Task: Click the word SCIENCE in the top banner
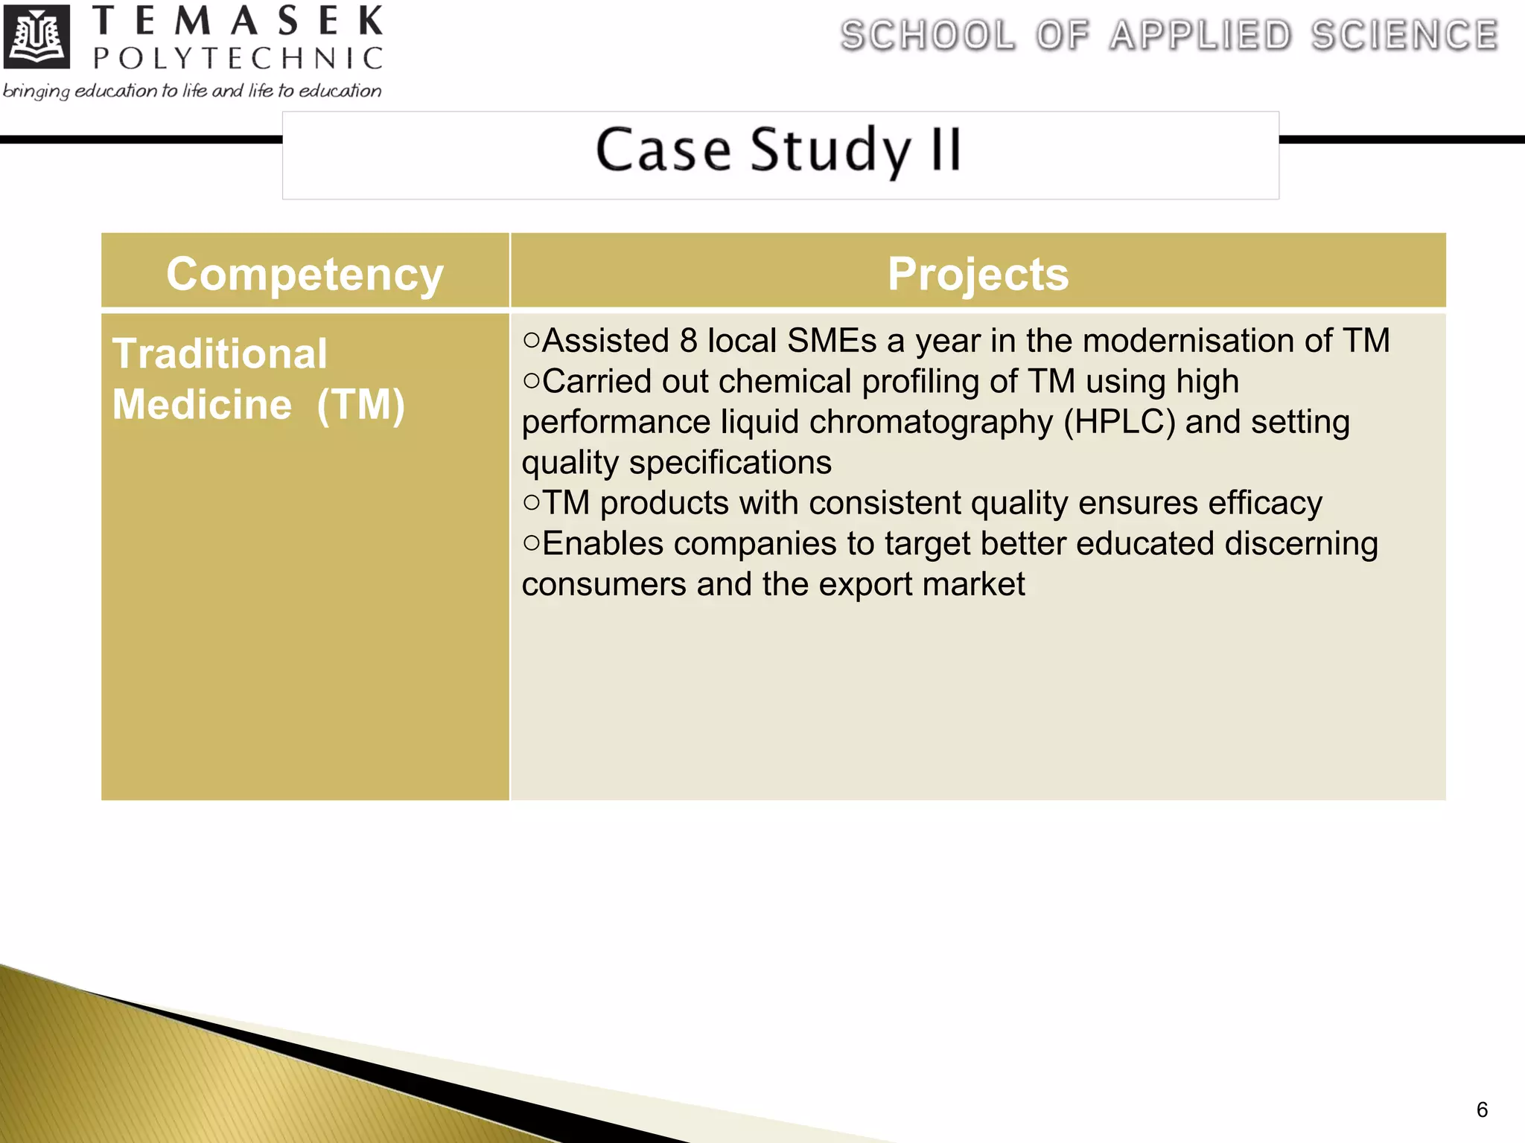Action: pos(1404,36)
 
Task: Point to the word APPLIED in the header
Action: pos(1200,36)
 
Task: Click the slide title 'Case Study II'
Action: pos(779,150)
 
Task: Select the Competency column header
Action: pos(305,274)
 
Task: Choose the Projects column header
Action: pos(978,274)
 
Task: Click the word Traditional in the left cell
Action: pos(220,353)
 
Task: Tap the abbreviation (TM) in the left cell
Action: pos(361,405)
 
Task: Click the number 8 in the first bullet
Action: pos(688,341)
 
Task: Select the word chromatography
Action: pos(931,422)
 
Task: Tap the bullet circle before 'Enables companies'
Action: pos(531,543)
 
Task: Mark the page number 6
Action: pos(1482,1110)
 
